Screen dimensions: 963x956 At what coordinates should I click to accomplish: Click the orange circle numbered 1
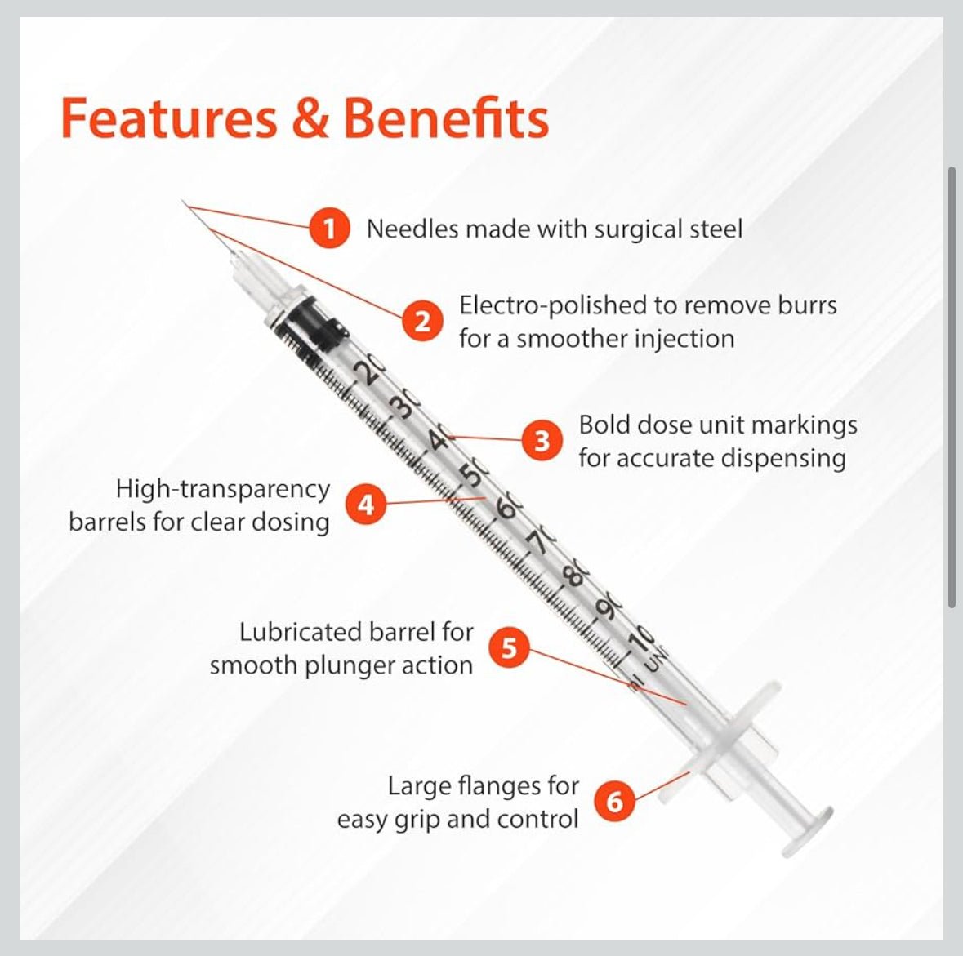coord(329,229)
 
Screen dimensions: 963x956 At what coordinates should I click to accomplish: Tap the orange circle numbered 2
coord(422,321)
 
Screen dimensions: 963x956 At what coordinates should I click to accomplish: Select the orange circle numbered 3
coord(542,440)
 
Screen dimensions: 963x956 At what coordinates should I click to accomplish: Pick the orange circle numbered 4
coord(366,505)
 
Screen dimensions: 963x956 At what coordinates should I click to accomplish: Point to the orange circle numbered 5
coord(509,647)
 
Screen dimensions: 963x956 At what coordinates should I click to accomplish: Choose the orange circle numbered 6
coord(614,801)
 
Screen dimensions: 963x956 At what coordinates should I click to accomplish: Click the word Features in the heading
coord(169,118)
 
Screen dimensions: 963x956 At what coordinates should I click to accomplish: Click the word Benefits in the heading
coord(447,118)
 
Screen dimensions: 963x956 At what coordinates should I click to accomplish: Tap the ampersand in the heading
coord(310,118)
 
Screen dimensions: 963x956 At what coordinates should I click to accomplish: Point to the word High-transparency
coord(223,489)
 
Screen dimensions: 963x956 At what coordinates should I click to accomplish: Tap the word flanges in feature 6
coord(502,785)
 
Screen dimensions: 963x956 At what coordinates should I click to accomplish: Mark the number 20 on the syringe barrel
coord(370,371)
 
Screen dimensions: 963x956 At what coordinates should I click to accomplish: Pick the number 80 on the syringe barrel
coord(576,576)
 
